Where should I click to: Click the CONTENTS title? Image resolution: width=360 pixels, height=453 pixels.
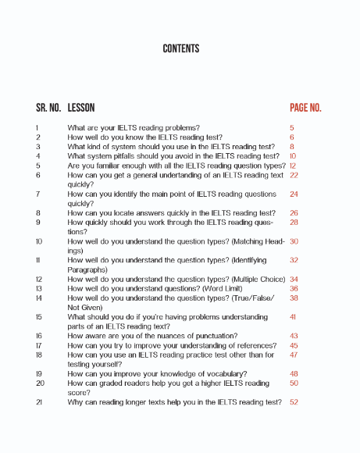(180, 48)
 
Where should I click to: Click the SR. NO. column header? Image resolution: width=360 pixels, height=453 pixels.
(48, 108)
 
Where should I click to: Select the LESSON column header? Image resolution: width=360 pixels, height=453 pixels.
(81, 108)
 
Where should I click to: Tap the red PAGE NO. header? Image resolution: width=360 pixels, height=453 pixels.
(305, 108)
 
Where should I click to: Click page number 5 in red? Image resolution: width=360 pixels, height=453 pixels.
(291, 127)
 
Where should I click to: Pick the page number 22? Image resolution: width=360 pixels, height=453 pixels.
(294, 176)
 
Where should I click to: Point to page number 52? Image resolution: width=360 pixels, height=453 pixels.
(294, 402)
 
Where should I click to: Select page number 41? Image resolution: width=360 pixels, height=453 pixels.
(293, 317)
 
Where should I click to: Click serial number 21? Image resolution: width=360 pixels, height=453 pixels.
(38, 402)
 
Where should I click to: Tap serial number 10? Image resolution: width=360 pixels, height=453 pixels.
(39, 242)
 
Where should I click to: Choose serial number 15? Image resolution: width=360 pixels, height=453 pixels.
(38, 317)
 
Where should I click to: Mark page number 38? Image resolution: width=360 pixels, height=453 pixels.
(294, 298)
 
